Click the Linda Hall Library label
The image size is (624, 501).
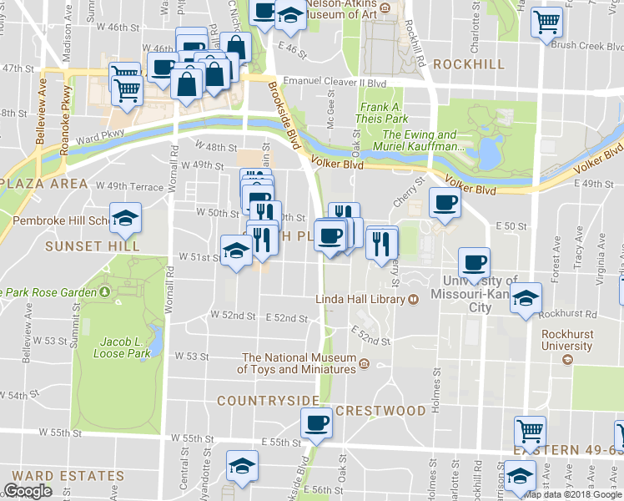[x=360, y=299]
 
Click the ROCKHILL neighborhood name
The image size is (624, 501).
[x=469, y=64]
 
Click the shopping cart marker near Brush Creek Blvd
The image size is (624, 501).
[x=546, y=23]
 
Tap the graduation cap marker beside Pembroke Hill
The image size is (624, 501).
[x=125, y=218]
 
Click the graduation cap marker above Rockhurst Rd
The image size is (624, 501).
[x=525, y=296]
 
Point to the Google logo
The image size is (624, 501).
[x=28, y=491]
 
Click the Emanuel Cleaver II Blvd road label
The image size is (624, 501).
[x=335, y=82]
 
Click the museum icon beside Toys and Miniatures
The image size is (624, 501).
[x=364, y=362]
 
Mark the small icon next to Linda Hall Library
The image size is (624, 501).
[x=413, y=299]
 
